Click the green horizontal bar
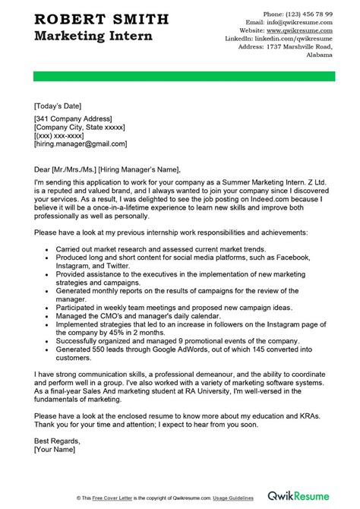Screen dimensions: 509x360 coord(179,76)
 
